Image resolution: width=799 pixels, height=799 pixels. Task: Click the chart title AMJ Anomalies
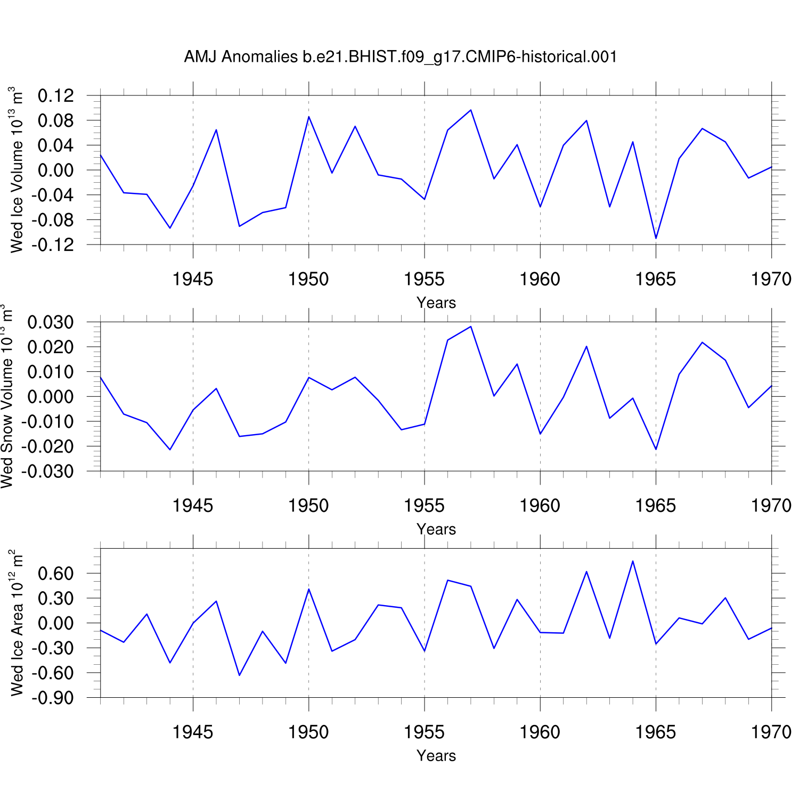point(401,57)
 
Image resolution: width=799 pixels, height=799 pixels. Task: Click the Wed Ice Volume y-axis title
point(17,169)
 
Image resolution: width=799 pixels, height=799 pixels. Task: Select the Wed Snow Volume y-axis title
point(7,396)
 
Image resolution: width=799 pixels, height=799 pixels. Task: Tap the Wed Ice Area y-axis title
point(17,622)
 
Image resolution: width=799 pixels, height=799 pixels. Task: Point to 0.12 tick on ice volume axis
point(56,96)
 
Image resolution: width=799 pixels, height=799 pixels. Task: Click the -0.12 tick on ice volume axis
point(53,245)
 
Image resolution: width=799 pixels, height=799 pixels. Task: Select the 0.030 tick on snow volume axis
point(51,323)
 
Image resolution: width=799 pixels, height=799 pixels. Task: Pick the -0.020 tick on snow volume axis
point(48,446)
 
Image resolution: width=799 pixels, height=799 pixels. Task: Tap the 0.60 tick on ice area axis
point(56,574)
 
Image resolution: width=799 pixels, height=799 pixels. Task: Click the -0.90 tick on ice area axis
point(53,698)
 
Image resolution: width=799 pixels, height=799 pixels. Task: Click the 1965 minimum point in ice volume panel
point(656,238)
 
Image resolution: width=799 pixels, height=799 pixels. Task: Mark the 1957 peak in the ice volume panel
point(471,110)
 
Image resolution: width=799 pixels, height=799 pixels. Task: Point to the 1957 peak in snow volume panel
point(471,327)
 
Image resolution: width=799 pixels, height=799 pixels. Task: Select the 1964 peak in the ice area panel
point(632,561)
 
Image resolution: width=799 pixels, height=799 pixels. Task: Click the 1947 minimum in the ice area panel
point(240,675)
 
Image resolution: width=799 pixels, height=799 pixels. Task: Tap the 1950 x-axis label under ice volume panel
point(308,279)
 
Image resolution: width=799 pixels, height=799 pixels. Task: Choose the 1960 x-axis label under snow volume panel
point(540,506)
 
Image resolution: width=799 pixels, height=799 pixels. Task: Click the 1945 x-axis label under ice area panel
point(193,732)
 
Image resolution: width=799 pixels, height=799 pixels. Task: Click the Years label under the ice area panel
point(436,756)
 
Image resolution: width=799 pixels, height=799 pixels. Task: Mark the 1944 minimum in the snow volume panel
point(170,450)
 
